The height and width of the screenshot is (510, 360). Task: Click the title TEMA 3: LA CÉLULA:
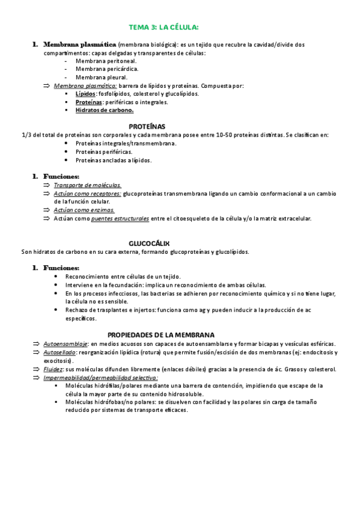[164, 27]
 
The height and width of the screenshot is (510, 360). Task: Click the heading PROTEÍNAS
[147, 126]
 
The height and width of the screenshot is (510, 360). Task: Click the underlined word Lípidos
[85, 94]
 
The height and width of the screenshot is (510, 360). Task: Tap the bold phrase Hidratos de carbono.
[105, 110]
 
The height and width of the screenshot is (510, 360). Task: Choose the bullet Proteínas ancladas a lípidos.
[114, 160]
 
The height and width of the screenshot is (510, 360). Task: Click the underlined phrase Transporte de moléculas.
[87, 185]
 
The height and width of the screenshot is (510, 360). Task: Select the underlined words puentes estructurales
[120, 218]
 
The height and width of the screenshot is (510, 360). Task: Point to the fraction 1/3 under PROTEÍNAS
[26, 135]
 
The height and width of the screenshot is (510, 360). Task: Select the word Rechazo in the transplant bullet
[77, 310]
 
